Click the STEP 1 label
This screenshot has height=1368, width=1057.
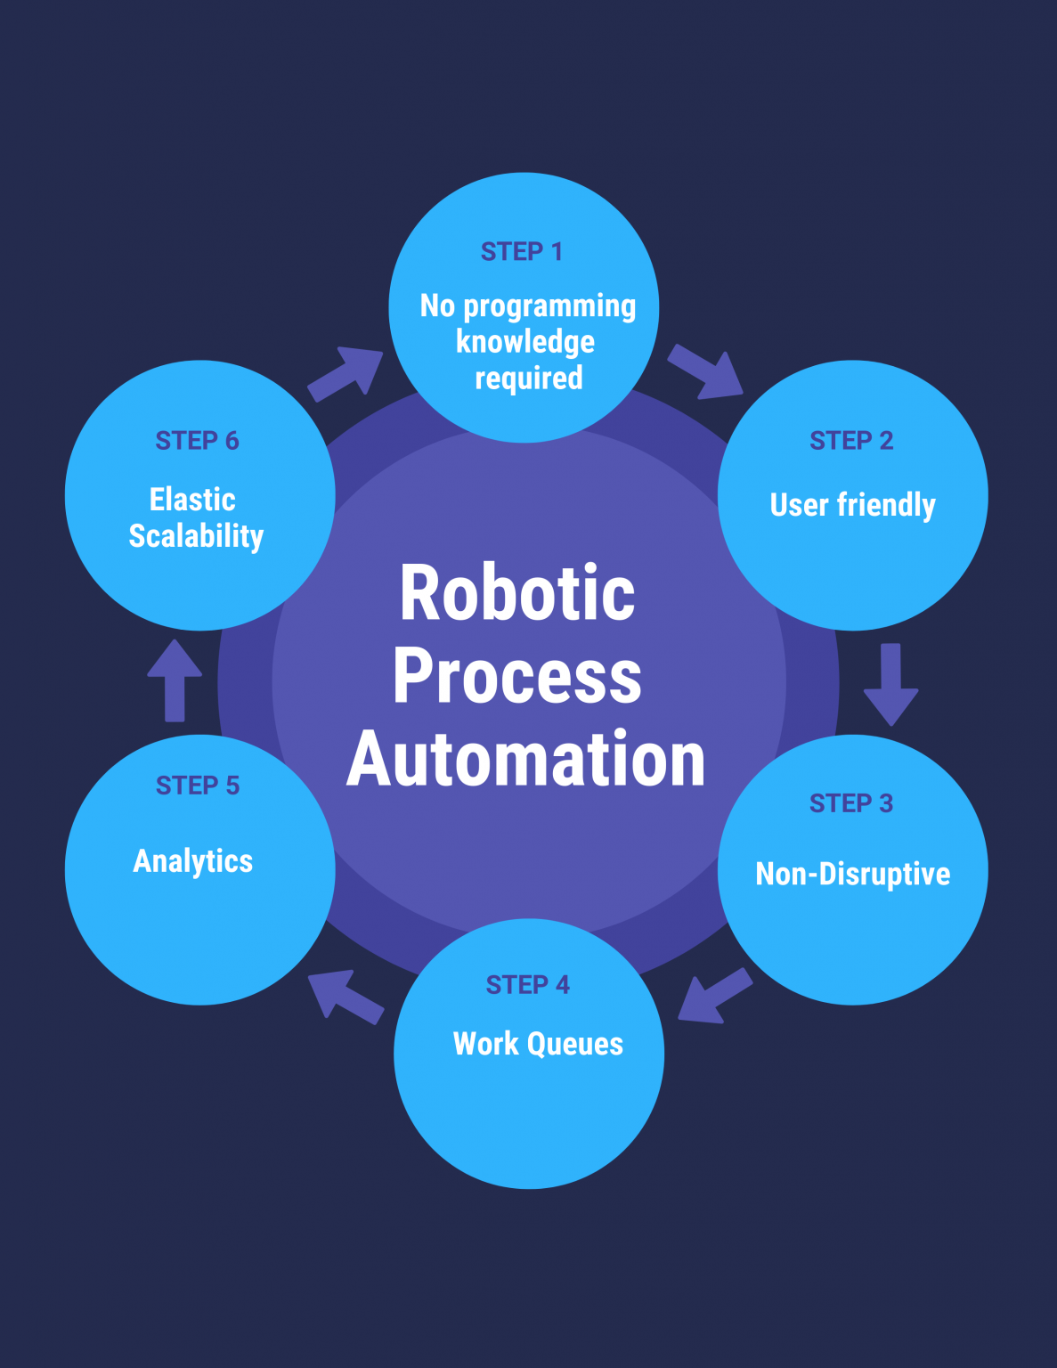point(522,252)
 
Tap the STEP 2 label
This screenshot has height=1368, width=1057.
point(851,441)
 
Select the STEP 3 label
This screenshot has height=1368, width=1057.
point(851,803)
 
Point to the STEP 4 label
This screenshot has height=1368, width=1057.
point(528,985)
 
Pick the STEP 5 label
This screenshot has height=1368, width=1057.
point(198,786)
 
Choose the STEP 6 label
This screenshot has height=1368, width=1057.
point(198,441)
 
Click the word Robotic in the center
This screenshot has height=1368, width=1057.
point(517,593)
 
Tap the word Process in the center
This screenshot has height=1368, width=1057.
point(517,677)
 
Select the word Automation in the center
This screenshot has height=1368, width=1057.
point(526,760)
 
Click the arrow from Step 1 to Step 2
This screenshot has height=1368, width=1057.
point(705,371)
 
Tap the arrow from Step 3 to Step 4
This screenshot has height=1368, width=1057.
point(714,996)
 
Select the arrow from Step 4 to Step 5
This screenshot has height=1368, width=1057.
point(345,996)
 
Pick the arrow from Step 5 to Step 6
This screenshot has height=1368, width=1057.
point(175,680)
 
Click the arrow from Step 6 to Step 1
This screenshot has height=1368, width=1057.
point(346,373)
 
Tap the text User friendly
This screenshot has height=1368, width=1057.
point(853,505)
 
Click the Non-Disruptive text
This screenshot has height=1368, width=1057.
point(853,875)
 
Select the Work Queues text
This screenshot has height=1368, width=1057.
point(538,1044)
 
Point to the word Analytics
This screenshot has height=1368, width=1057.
point(193,861)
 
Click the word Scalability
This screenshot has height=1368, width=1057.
point(196,536)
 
